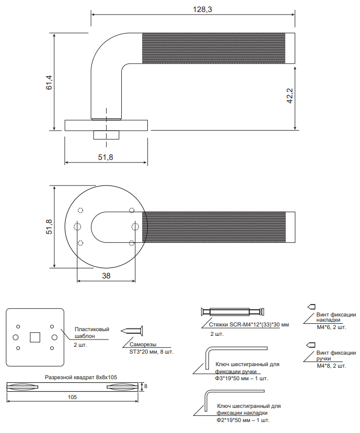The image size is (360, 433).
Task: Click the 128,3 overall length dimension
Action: point(202,9)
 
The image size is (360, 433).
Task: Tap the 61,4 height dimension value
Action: point(49,82)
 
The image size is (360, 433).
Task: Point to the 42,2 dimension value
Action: point(289,96)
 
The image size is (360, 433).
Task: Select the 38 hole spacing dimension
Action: point(106,276)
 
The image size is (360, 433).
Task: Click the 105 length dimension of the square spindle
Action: point(72,397)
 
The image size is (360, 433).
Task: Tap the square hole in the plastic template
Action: point(35,337)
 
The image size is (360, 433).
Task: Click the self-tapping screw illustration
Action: point(132,331)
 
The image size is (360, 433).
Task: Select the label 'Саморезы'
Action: point(143,344)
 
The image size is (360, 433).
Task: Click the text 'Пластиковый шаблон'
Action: point(92,333)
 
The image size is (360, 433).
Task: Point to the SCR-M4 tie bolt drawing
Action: point(233,312)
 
